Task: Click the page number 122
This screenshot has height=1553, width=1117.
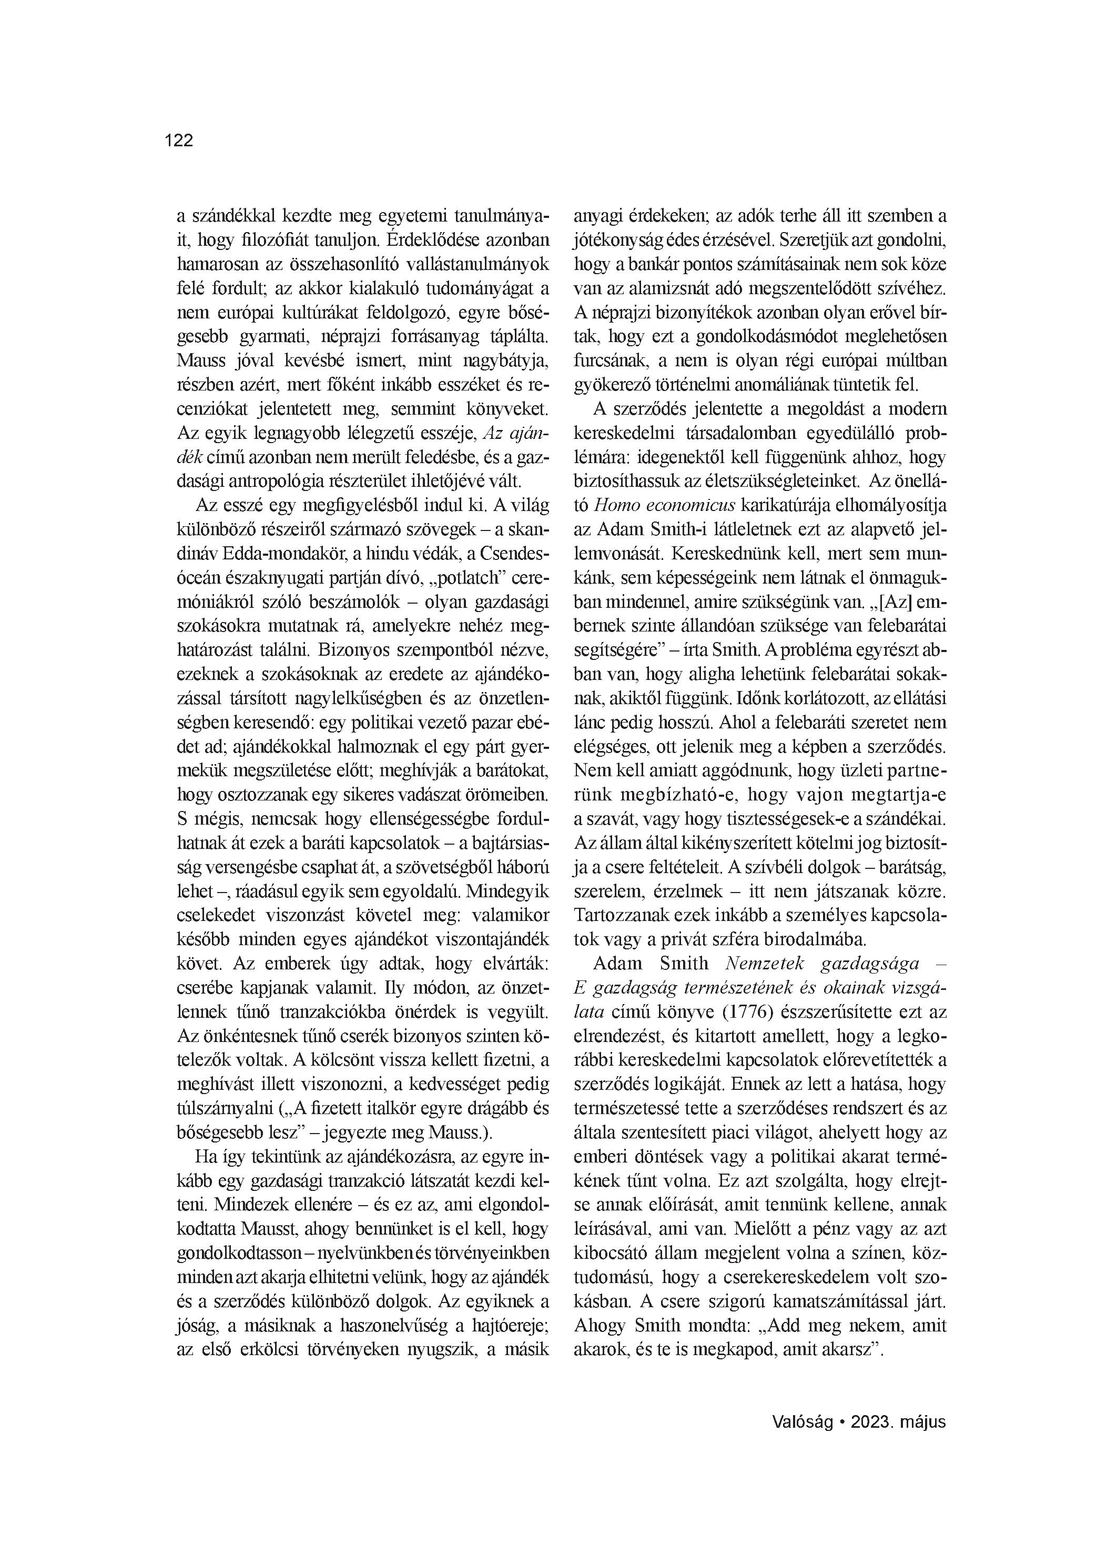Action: click(179, 141)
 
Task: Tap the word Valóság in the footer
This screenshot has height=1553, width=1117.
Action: click(803, 1421)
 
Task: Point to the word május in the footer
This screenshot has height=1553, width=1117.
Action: click(923, 1421)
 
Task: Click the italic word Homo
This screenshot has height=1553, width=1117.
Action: click(616, 505)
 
